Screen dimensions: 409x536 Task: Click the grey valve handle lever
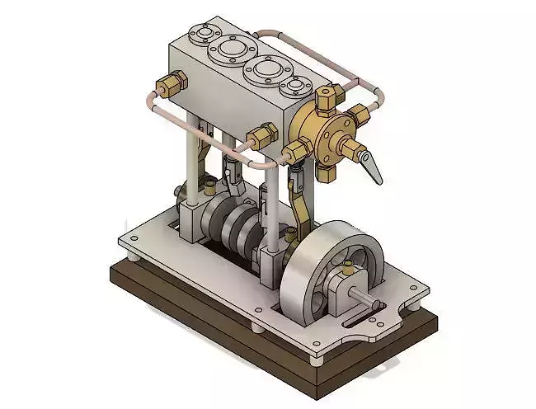(x=374, y=167)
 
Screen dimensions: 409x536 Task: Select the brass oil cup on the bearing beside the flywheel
(x=350, y=266)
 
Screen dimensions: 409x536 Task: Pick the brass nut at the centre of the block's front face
(x=262, y=134)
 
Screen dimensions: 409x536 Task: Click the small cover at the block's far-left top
(x=200, y=34)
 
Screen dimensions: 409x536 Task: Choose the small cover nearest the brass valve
(x=294, y=86)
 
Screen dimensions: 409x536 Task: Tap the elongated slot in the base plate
(x=363, y=314)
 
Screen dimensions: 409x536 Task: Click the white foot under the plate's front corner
(x=317, y=359)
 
